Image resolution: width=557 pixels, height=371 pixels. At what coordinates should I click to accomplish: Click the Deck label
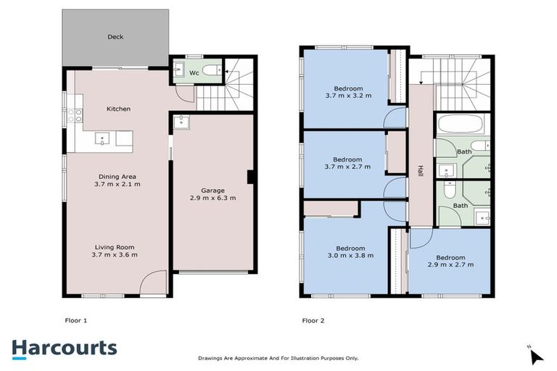[x=115, y=37]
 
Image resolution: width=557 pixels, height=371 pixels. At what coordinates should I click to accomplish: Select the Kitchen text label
[x=118, y=109]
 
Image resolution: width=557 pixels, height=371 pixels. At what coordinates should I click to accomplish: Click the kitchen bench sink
[x=102, y=138]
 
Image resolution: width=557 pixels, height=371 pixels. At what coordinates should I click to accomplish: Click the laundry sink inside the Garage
[x=179, y=122]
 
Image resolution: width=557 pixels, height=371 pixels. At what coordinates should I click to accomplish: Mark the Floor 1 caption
[x=76, y=320]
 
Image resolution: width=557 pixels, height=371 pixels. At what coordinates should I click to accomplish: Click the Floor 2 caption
[x=313, y=320]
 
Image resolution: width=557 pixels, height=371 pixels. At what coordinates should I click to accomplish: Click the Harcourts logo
[x=64, y=347]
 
